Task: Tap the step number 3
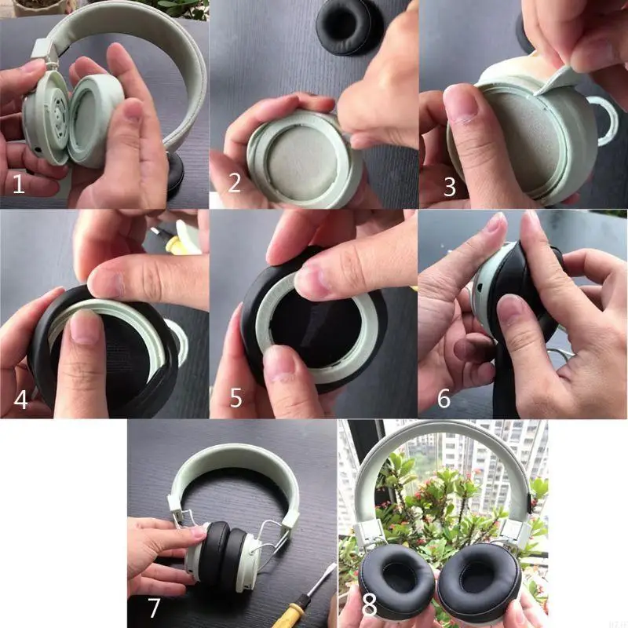pyautogui.click(x=449, y=186)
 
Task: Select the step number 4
pyautogui.click(x=21, y=399)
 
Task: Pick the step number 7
pyautogui.click(x=154, y=607)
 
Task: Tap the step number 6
pyautogui.click(x=444, y=398)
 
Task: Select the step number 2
pyautogui.click(x=234, y=183)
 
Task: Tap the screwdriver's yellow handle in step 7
pyautogui.click(x=300, y=603)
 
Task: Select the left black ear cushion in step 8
pyautogui.click(x=396, y=581)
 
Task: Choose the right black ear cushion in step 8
pyautogui.click(x=478, y=581)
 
